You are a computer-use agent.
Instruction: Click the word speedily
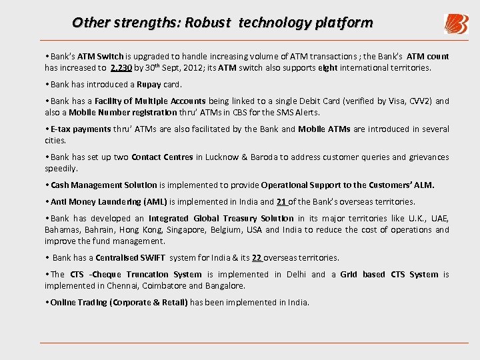(61, 169)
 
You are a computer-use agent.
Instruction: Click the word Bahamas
(62, 230)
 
